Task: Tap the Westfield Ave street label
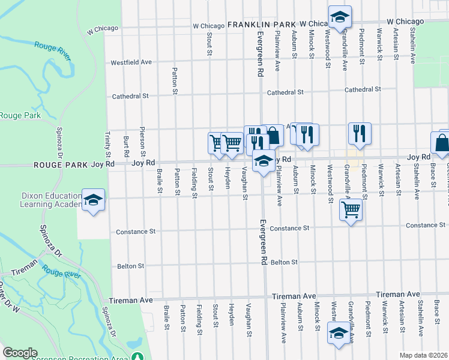131,62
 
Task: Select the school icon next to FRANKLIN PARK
340,18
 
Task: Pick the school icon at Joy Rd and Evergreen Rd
263,161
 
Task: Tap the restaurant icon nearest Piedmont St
359,134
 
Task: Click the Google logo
20,353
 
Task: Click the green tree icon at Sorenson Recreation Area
139,356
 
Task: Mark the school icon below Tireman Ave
338,333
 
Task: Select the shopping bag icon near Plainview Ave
273,136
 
